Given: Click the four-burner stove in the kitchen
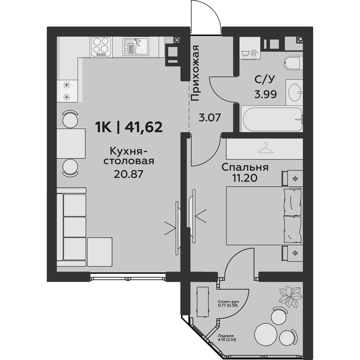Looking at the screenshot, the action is pyautogui.click(x=102, y=46).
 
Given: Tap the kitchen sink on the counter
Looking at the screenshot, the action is pyautogui.click(x=136, y=46).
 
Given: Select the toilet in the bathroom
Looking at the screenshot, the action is pyautogui.click(x=292, y=63).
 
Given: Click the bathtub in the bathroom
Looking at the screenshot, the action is pyautogui.click(x=271, y=120).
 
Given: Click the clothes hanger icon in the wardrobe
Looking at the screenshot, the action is pyautogui.click(x=266, y=148).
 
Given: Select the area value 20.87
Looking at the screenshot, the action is pyautogui.click(x=129, y=174).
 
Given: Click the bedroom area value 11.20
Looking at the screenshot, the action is pyautogui.click(x=245, y=178).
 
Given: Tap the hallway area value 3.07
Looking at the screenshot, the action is pyautogui.click(x=210, y=118).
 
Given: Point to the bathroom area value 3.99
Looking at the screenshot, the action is pyautogui.click(x=265, y=94).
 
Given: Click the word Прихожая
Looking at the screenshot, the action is pyautogui.click(x=195, y=73).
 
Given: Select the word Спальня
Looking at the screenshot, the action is pyautogui.click(x=245, y=167).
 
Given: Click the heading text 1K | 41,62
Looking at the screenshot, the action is pyautogui.click(x=129, y=127).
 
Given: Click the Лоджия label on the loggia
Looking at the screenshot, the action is pyautogui.click(x=223, y=335).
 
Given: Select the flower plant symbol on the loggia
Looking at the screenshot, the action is pyautogui.click(x=290, y=297).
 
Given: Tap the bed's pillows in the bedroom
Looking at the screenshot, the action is pyautogui.click(x=292, y=216).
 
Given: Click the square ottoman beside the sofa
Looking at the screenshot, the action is pyautogui.click(x=100, y=252).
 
